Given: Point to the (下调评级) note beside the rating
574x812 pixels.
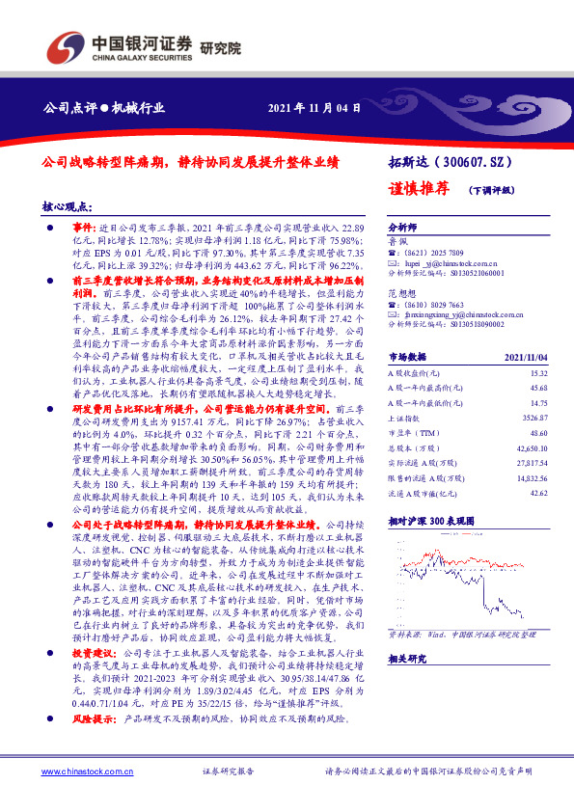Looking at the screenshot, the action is click(x=492, y=190).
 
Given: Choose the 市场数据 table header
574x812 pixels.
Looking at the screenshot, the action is click(x=406, y=356).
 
